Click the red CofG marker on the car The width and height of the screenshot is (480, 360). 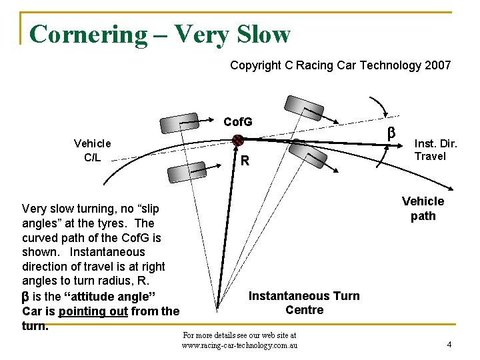click(237, 140)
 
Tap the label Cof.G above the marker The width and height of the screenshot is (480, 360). click(238, 122)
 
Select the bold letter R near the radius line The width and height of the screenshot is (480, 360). click(245, 161)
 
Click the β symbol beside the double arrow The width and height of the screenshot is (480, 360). click(392, 133)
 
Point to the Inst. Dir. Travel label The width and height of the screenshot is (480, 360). click(435, 149)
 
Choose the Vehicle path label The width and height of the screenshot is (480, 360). click(423, 209)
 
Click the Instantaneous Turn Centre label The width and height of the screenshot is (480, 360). click(304, 303)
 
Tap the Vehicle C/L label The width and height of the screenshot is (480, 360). click(93, 150)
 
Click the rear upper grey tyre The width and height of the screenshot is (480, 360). click(179, 123)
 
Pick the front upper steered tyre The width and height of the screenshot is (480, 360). click(304, 108)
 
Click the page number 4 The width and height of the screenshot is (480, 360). click(449, 345)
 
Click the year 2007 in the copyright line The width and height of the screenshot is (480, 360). click(437, 65)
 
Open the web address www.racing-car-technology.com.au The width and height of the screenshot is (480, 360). click(240, 345)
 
